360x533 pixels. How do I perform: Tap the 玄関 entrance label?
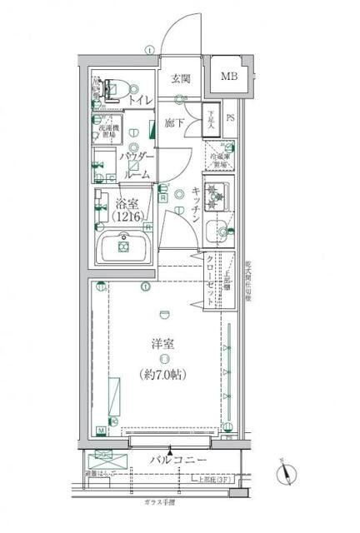click(x=182, y=80)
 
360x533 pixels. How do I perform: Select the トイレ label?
click(x=139, y=101)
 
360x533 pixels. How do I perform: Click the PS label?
click(x=231, y=118)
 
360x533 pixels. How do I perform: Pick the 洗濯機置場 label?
click(x=110, y=132)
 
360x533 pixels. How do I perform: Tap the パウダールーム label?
click(x=136, y=166)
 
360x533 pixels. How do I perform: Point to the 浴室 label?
click(x=127, y=203)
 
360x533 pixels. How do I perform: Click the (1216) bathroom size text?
click(x=127, y=218)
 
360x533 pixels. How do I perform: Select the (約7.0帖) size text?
click(x=163, y=375)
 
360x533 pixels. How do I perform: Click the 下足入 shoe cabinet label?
click(x=212, y=120)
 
